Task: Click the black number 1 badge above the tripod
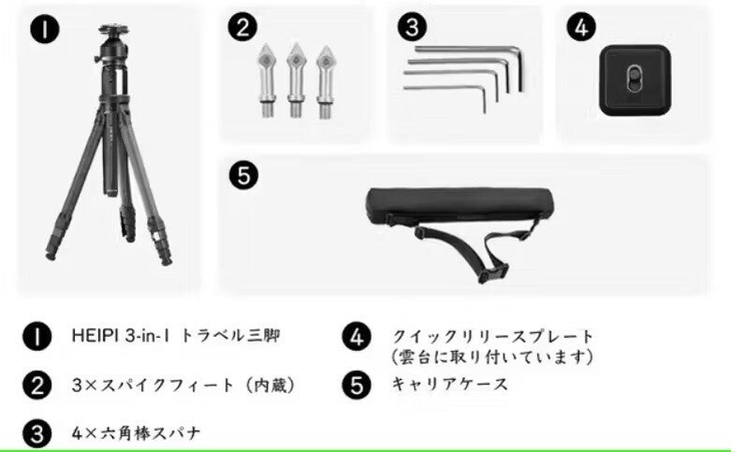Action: pyautogui.click(x=45, y=29)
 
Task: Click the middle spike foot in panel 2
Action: pyautogui.click(x=296, y=80)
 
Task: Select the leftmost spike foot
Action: pyautogui.click(x=267, y=80)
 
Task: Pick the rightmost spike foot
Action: pyautogui.click(x=325, y=81)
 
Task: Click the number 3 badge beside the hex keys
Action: pyautogui.click(x=412, y=27)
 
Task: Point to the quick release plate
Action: pyautogui.click(x=635, y=80)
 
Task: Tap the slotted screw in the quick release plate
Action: pyautogui.click(x=635, y=80)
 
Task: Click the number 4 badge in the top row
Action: pyautogui.click(x=581, y=27)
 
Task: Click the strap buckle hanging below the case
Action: pyautogui.click(x=492, y=271)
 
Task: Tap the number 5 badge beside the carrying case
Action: pyautogui.click(x=243, y=176)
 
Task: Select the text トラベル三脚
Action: pyautogui.click(x=230, y=336)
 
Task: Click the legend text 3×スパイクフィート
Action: pyautogui.click(x=153, y=386)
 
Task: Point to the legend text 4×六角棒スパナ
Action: pyautogui.click(x=136, y=433)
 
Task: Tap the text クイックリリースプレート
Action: pyautogui.click(x=492, y=336)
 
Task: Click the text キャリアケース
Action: pyautogui.click(x=449, y=385)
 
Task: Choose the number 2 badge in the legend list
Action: pyautogui.click(x=37, y=386)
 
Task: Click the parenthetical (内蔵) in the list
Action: pyautogui.click(x=270, y=386)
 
